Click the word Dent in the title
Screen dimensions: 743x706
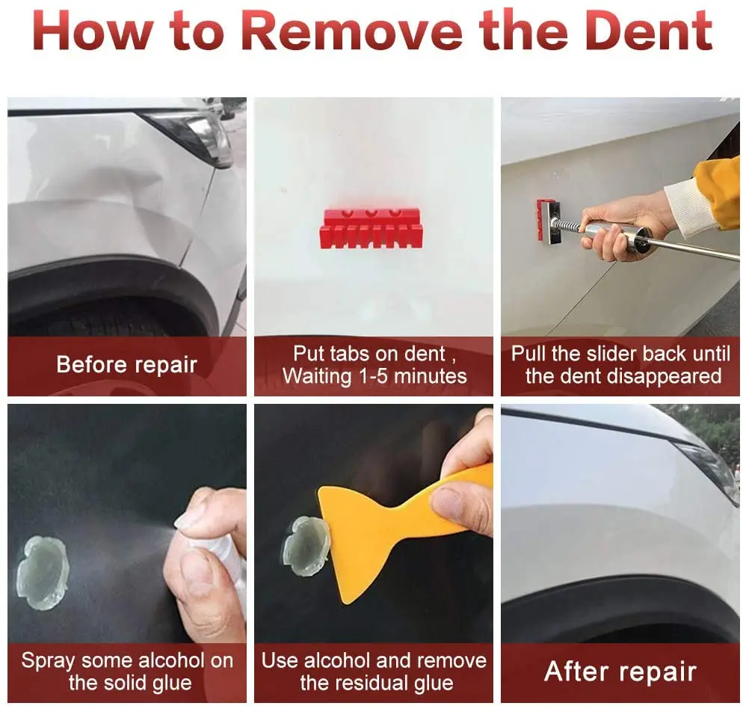[x=649, y=31]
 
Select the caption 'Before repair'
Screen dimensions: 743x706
[x=126, y=365]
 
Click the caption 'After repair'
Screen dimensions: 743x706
[x=620, y=672]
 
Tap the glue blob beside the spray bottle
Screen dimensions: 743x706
[x=43, y=573]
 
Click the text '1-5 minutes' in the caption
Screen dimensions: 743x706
[x=413, y=376]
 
